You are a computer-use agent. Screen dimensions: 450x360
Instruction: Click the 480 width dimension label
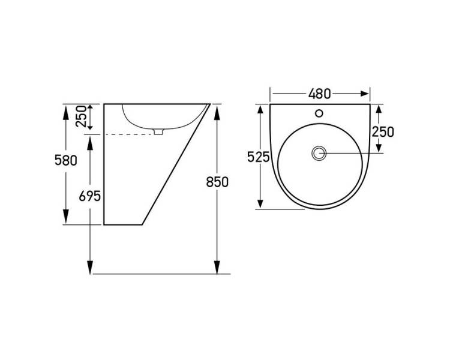[x=319, y=94]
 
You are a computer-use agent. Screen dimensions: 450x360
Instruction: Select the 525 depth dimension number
[x=258, y=157]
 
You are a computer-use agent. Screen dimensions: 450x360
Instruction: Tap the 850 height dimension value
[x=217, y=182]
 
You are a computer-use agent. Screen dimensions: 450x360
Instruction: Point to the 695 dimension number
[x=90, y=196]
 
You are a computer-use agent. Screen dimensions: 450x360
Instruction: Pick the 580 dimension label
[x=66, y=160]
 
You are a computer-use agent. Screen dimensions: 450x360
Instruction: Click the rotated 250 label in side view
[x=81, y=116]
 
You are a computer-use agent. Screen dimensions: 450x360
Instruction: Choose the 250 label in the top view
[x=383, y=132]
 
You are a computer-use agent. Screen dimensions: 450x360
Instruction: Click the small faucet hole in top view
[x=319, y=113]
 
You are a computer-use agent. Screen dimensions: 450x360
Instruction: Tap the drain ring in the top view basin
[x=319, y=154]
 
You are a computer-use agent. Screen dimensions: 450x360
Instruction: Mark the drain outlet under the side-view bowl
[x=158, y=131]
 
